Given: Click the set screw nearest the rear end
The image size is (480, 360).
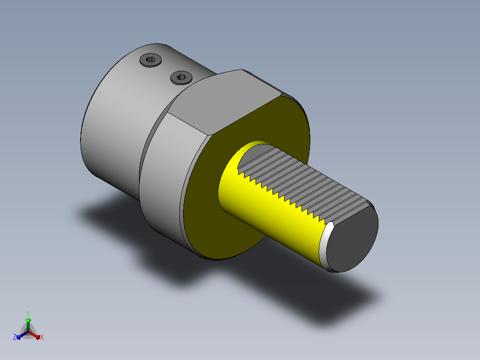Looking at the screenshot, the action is click(x=151, y=60).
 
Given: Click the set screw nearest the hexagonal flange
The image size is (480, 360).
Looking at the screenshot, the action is click(x=181, y=78).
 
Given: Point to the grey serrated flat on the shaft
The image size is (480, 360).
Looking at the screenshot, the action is click(x=303, y=184).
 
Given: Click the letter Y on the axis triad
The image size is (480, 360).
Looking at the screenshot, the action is click(x=28, y=314).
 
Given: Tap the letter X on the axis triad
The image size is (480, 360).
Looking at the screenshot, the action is click(x=42, y=337).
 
